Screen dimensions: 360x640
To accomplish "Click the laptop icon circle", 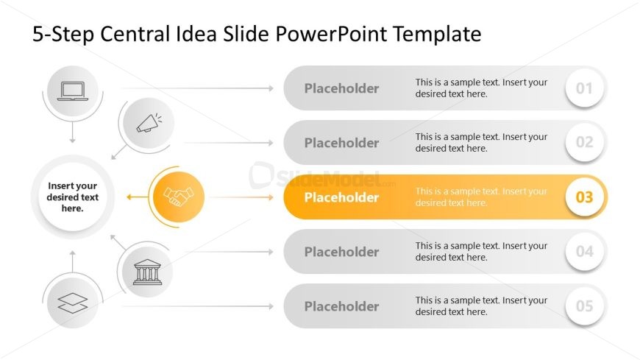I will tap(73, 91).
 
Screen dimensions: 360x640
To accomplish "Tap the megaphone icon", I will tap(149, 124).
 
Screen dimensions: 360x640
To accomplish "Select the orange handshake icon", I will tap(177, 197).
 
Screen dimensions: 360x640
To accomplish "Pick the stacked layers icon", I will tap(73, 303).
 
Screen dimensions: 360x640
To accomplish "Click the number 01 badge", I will tap(584, 89).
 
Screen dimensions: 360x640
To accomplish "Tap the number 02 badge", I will tap(584, 143).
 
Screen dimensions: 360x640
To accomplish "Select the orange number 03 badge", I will tap(584, 197).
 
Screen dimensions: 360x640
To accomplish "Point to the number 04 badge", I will tap(584, 252).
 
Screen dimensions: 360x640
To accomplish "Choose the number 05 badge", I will tap(584, 306).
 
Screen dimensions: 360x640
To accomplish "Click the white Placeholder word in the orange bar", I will tap(341, 197).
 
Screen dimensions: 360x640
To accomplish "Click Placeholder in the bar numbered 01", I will tap(341, 88).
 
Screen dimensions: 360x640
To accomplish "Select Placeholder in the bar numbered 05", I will tap(341, 306).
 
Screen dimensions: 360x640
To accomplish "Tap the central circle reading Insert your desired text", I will tap(72, 197).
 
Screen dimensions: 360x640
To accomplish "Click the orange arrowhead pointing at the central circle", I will tap(129, 197).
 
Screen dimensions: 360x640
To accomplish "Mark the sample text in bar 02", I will tap(481, 143).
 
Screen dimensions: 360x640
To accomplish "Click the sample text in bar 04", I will tap(481, 252).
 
